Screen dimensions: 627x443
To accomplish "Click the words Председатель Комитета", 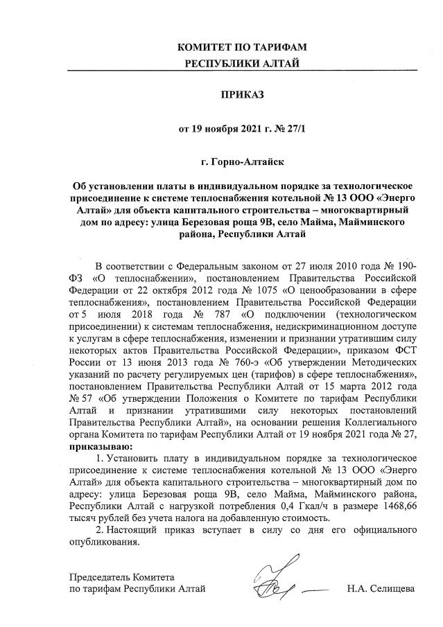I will coord(122,577).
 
